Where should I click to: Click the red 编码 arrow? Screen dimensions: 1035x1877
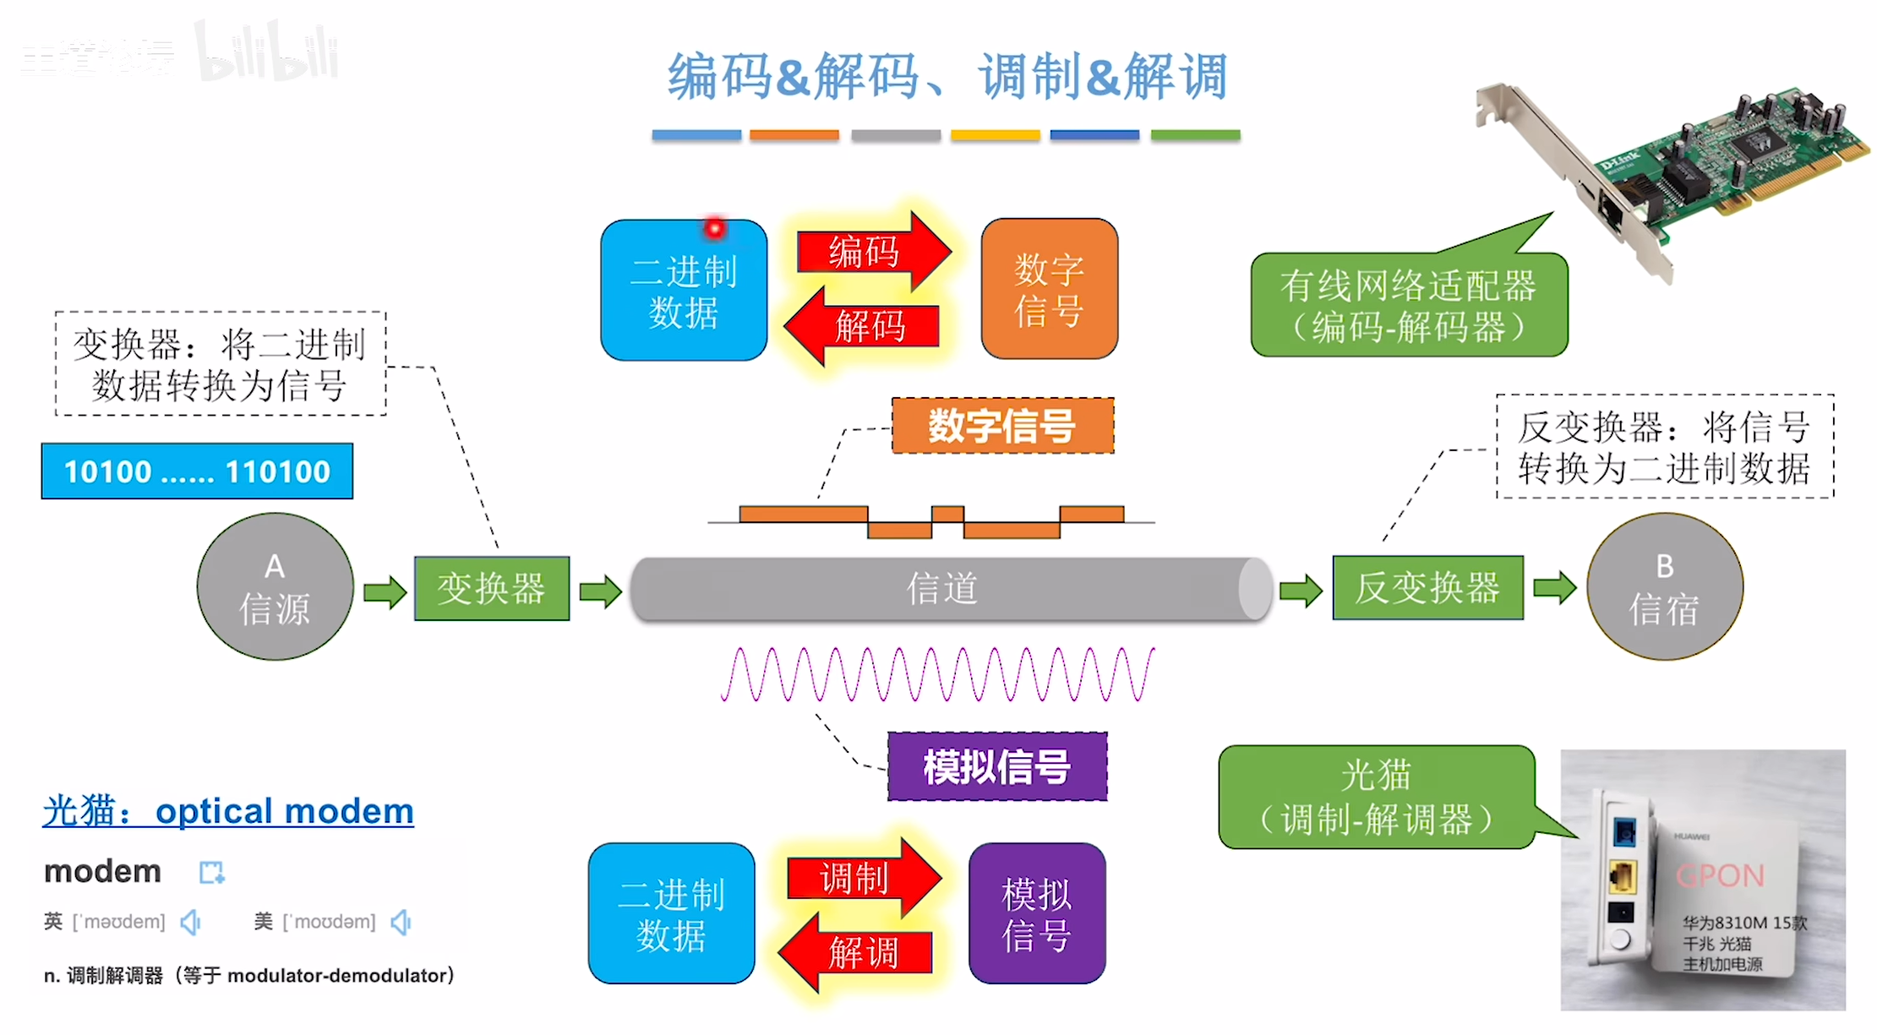tap(870, 252)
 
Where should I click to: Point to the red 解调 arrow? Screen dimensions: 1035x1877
tap(857, 952)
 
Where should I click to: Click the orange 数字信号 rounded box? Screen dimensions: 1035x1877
tap(1049, 289)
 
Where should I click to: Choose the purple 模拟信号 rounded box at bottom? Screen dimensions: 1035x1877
tap(1037, 914)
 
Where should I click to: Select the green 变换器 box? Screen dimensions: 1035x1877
tap(492, 589)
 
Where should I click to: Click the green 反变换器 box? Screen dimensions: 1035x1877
tap(1427, 588)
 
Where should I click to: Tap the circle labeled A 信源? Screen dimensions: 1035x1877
tap(275, 587)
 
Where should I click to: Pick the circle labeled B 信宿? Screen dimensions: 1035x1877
tap(1664, 587)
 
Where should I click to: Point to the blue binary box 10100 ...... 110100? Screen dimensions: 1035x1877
tap(197, 471)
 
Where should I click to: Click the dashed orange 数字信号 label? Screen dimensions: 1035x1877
tap(1002, 426)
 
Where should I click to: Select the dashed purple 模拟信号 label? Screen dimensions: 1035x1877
tap(997, 767)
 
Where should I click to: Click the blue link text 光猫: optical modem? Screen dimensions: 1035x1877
tap(228, 811)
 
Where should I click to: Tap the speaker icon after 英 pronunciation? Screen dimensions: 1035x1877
tap(191, 922)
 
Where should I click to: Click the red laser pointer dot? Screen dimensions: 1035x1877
tap(715, 228)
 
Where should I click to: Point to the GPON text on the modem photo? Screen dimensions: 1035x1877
tap(1720, 876)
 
